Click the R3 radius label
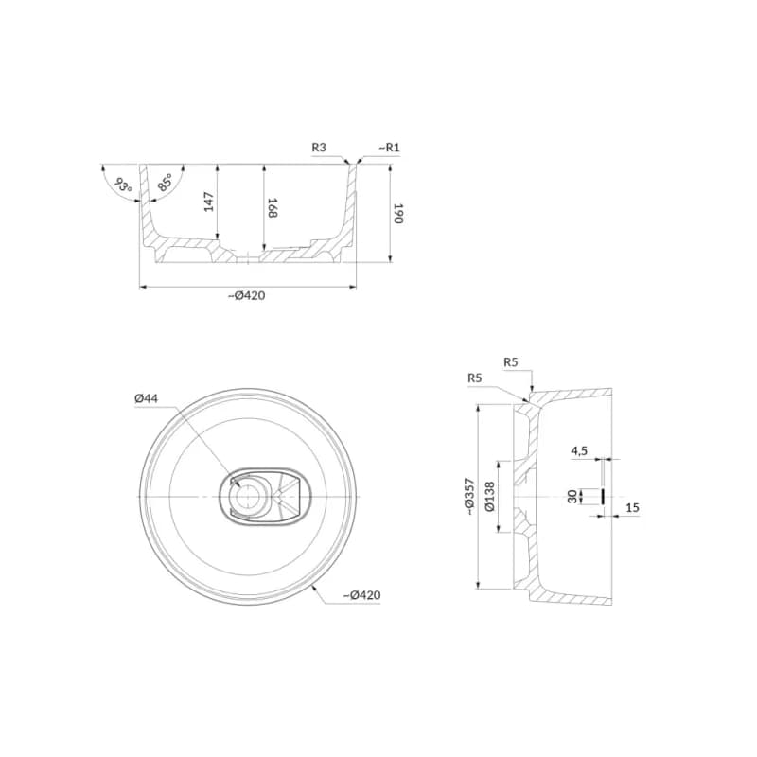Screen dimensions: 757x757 (319, 148)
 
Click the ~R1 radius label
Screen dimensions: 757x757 (388, 148)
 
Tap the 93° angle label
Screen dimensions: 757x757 (124, 185)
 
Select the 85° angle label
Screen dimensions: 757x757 (165, 183)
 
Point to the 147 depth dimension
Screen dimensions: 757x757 (208, 202)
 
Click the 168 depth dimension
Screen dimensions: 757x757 (273, 207)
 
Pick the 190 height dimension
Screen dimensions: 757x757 (398, 214)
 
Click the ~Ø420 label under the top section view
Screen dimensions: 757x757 (247, 295)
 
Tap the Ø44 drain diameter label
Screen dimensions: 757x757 (147, 398)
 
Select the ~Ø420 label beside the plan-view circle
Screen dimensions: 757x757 (362, 595)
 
